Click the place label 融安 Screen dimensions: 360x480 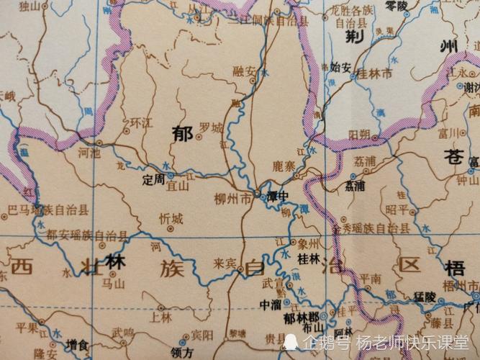pyautogui.click(x=244, y=71)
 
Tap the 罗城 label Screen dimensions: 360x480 pyautogui.click(x=211, y=127)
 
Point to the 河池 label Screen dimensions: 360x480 pyautogui.click(x=90, y=153)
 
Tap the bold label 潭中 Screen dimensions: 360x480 pyautogui.click(x=278, y=196)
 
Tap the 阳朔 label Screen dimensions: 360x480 pyautogui.click(x=359, y=135)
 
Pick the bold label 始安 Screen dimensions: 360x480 pyautogui.click(x=340, y=68)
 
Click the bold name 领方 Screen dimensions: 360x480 pyautogui.click(x=184, y=353)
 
